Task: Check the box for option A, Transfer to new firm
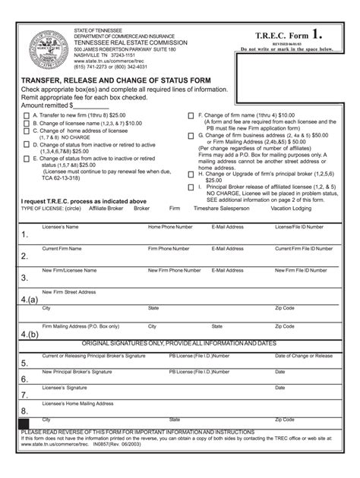tap(26, 116)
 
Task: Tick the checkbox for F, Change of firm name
tap(191, 115)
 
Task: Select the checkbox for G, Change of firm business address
tap(191, 135)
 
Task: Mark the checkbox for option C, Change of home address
tap(26, 131)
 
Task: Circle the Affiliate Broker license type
tap(106, 207)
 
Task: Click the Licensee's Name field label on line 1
tap(60, 227)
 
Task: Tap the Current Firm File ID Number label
tap(305, 248)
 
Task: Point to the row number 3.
tap(24, 278)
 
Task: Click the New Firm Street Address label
tap(69, 291)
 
